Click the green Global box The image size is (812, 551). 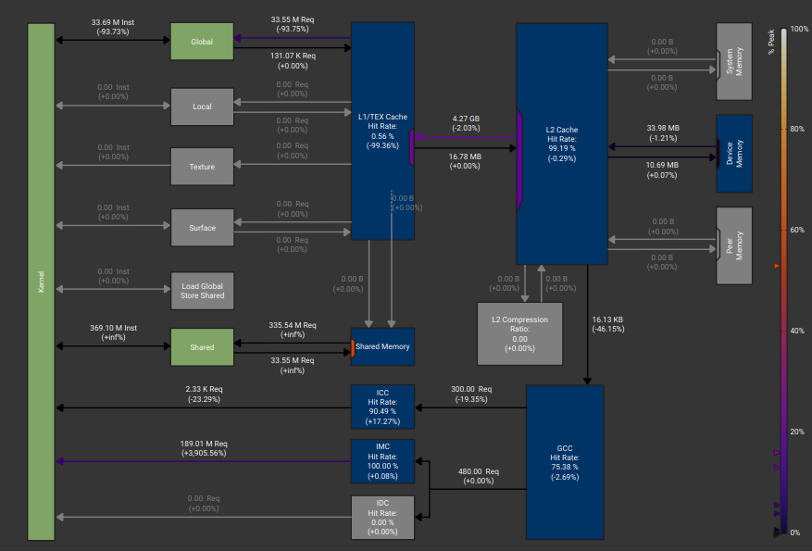[202, 42]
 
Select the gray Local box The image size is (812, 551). [202, 106]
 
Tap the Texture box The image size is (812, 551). [202, 167]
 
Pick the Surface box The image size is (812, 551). [202, 228]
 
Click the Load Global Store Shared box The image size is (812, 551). [202, 291]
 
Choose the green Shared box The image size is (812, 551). [202, 347]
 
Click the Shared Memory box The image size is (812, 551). [382, 346]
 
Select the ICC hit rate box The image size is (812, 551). [382, 407]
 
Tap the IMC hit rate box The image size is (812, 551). [382, 461]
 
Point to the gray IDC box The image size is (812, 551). [382, 518]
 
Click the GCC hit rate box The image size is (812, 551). [565, 462]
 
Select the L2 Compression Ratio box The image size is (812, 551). [520, 334]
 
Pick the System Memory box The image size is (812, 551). [734, 62]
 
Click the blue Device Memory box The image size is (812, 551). [734, 154]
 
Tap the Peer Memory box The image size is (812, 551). [734, 246]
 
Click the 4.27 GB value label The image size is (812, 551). [466, 119]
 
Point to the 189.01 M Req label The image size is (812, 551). [204, 444]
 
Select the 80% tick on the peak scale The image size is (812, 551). [797, 129]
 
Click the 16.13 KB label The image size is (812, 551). [607, 319]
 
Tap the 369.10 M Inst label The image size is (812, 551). [113, 328]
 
